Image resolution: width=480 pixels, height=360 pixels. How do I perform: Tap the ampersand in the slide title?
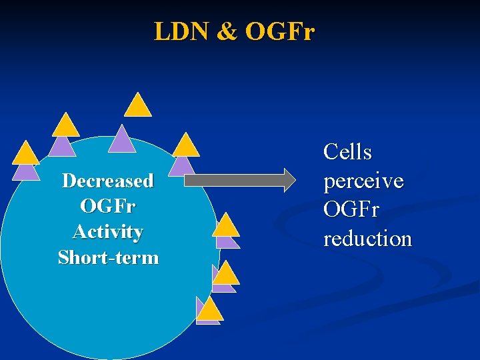pyautogui.click(x=226, y=31)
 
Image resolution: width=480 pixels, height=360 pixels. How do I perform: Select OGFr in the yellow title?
pyautogui.click(x=279, y=31)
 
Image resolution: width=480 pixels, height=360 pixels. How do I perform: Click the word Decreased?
pyautogui.click(x=108, y=181)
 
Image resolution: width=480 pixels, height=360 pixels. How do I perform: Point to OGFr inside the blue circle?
pyautogui.click(x=108, y=207)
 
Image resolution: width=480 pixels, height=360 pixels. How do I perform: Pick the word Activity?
pyautogui.click(x=108, y=232)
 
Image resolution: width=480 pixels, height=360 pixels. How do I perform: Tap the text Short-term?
pyautogui.click(x=108, y=257)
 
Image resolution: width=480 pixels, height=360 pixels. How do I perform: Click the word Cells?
pyautogui.click(x=347, y=153)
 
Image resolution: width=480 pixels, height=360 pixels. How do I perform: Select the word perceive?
pyautogui.click(x=363, y=181)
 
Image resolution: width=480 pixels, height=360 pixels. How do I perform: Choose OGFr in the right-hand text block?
pyautogui.click(x=351, y=210)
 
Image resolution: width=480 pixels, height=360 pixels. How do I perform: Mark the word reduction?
pyautogui.click(x=367, y=239)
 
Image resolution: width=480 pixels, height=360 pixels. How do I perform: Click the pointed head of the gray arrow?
pyautogui.click(x=287, y=180)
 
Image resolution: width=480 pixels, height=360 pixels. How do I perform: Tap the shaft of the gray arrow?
pyautogui.click(x=233, y=180)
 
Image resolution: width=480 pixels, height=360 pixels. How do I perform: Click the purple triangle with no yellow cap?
pyautogui.click(x=122, y=139)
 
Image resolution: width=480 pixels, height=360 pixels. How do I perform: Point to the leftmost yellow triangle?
pyautogui.click(x=26, y=154)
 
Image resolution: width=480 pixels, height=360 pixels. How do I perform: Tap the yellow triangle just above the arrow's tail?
pyautogui.click(x=186, y=146)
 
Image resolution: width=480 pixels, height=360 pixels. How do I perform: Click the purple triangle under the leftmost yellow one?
pyautogui.click(x=27, y=172)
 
